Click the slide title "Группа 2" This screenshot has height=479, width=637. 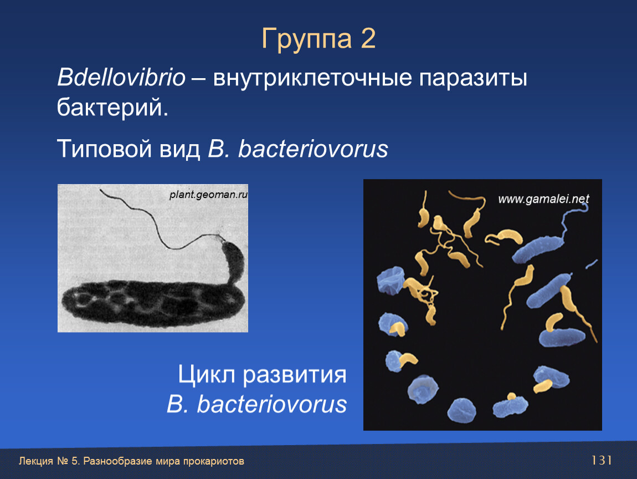[x=318, y=39]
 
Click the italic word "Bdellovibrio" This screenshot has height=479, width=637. [x=121, y=77]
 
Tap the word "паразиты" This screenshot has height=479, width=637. [x=473, y=79]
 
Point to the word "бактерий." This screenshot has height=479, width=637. [x=112, y=108]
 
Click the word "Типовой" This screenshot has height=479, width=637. [x=104, y=149]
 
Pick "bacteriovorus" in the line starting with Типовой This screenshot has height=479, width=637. [x=313, y=149]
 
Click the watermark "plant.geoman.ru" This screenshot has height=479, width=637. [x=208, y=195]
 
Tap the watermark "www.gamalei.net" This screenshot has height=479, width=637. [x=543, y=199]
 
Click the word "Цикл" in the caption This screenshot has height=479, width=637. [x=207, y=375]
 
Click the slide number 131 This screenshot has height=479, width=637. [x=602, y=460]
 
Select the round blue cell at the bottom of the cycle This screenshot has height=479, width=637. [x=462, y=410]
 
